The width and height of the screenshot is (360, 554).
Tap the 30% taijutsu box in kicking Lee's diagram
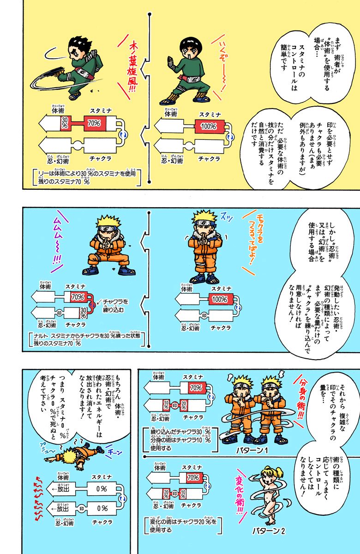coord(65,123)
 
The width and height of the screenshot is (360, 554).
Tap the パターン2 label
coord(268,531)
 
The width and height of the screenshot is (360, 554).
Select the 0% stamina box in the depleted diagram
coord(101,488)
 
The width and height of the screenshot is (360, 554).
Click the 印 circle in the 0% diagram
coord(82,509)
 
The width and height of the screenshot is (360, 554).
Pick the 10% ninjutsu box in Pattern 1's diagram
coord(166,405)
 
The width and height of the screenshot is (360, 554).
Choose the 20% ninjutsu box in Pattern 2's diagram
coord(166,494)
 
